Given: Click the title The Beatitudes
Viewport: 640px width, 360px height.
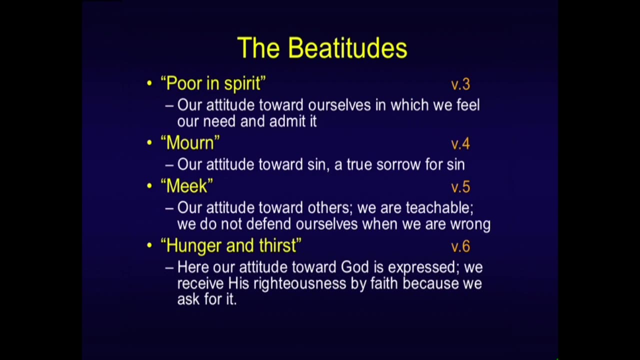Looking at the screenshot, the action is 322,47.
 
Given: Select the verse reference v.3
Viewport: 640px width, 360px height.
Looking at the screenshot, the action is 460,84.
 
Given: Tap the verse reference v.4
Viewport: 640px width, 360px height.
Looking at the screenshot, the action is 460,143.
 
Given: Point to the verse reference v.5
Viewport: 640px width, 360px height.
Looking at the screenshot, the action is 460,187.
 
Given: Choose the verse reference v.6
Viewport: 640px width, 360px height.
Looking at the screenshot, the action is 460,246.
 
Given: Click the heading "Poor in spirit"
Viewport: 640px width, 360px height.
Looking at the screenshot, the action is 213,84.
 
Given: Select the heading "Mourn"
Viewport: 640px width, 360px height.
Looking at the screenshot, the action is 190,143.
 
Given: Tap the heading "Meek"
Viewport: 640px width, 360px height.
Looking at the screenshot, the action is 187,186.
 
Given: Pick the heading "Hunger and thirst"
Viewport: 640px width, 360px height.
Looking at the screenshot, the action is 231,245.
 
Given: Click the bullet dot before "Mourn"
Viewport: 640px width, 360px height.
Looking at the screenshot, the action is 149,142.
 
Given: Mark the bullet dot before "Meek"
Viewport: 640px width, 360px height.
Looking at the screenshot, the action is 149,185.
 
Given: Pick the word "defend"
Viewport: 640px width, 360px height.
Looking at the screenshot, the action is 268,224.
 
